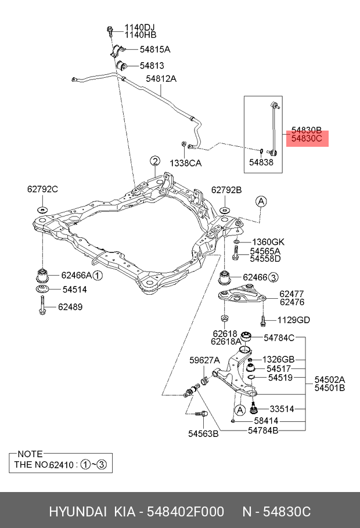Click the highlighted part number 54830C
(x=306, y=139)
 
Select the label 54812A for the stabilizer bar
(x=161, y=78)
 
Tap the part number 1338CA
(x=186, y=164)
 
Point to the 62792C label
(x=42, y=189)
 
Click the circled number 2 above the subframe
(x=154, y=161)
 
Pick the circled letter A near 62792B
(x=261, y=201)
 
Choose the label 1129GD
(x=293, y=320)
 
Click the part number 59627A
(x=204, y=360)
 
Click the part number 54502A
(x=330, y=379)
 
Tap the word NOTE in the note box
(x=30, y=454)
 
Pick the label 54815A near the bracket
(x=154, y=49)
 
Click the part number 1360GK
(x=268, y=241)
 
